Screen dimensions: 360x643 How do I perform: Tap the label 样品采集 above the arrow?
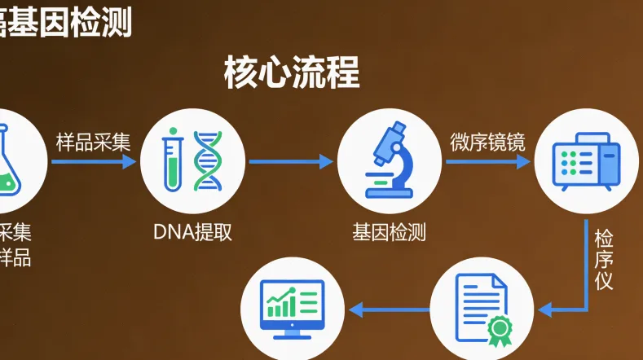click(93, 142)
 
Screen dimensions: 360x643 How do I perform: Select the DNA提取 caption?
click(193, 232)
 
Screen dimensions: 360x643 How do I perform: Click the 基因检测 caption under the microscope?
click(389, 232)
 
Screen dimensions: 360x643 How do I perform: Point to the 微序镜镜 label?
click(487, 142)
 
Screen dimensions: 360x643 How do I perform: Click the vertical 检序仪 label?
click(604, 260)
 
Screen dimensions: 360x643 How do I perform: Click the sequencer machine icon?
click(585, 160)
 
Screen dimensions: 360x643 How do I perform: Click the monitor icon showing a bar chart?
click(291, 309)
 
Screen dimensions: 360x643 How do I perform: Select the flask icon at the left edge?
click(7, 159)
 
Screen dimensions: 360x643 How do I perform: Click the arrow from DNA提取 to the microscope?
click(291, 161)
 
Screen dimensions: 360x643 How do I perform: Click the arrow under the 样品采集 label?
click(93, 161)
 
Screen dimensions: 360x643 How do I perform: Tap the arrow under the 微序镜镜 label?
click(487, 161)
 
